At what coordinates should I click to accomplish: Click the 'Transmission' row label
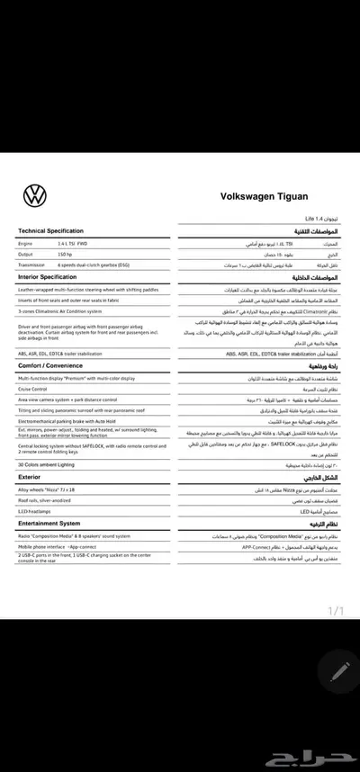pos(34,265)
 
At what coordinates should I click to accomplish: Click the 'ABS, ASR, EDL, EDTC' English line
pos(77,355)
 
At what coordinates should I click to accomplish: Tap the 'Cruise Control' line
pos(36,389)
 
